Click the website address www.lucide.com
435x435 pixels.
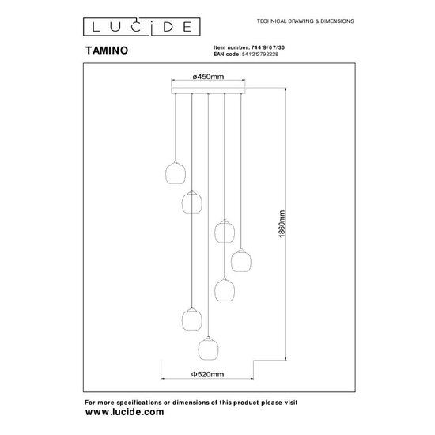pyautogui.click(x=124, y=412)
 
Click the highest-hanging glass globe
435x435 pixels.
pyautogui.click(x=173, y=172)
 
